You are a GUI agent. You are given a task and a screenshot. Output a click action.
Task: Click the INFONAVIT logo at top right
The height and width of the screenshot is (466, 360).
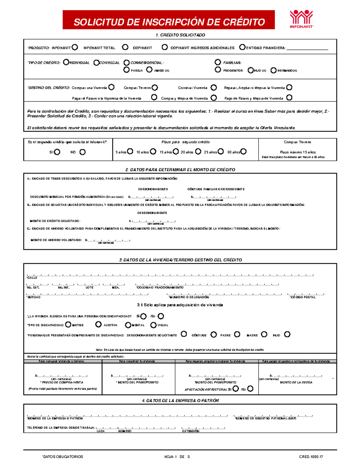click(x=301, y=19)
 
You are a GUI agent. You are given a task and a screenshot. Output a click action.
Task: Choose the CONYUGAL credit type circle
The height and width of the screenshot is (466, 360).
click(x=96, y=63)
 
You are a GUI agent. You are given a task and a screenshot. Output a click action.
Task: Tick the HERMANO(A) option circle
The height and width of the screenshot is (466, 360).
click(x=273, y=70)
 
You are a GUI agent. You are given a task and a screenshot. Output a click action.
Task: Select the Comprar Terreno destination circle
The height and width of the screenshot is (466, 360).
click(x=154, y=88)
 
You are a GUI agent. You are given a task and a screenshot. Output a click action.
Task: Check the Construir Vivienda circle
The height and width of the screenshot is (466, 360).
click(x=214, y=88)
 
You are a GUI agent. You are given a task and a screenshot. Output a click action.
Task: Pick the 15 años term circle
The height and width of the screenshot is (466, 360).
click(x=176, y=152)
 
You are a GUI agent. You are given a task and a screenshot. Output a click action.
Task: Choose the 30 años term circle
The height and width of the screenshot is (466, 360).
click(x=244, y=152)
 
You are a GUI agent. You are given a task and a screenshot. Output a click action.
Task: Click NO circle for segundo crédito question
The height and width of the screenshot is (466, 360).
click(x=82, y=152)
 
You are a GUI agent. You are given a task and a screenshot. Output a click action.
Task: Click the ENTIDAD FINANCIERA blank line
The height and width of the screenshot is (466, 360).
click(x=307, y=48)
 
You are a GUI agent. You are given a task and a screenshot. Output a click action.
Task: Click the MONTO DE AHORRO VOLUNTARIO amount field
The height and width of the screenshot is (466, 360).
click(x=108, y=240)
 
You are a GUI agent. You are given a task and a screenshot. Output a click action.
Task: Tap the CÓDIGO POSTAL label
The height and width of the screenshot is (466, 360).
click(x=303, y=297)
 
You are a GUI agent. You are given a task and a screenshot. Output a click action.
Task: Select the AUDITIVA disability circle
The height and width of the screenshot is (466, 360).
click(x=98, y=324)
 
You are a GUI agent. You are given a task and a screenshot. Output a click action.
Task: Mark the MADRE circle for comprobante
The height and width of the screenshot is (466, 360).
click(x=264, y=334)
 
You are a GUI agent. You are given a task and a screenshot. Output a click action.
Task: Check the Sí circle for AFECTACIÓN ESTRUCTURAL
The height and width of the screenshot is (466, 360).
click(x=236, y=389)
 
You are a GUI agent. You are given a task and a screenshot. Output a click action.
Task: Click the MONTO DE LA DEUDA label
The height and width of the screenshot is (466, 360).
click(x=296, y=382)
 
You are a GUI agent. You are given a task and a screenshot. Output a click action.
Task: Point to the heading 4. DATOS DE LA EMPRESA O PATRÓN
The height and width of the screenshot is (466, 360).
click(x=180, y=400)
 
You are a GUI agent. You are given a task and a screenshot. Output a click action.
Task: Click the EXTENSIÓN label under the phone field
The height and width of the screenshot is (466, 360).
click(x=190, y=431)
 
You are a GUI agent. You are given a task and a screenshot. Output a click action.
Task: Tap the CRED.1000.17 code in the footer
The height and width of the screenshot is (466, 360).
click(x=311, y=457)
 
